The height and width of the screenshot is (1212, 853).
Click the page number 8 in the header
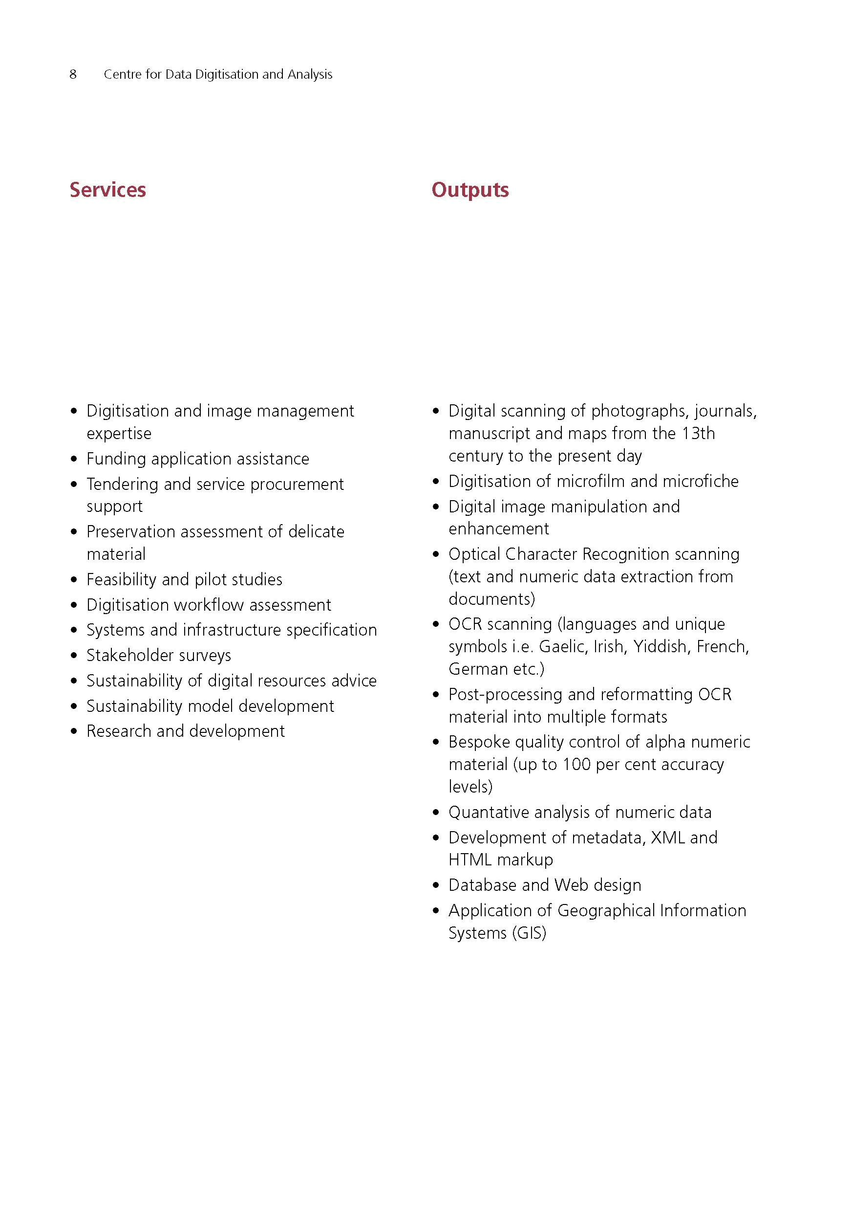click(x=73, y=74)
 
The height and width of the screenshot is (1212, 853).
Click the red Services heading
click(x=107, y=190)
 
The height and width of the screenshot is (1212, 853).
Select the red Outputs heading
click(x=470, y=190)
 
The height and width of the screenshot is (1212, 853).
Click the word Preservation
click(x=131, y=531)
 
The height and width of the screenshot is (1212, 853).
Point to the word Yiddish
click(x=660, y=647)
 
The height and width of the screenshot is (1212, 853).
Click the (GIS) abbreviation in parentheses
click(x=529, y=933)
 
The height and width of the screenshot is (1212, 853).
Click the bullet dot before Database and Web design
click(x=436, y=886)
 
